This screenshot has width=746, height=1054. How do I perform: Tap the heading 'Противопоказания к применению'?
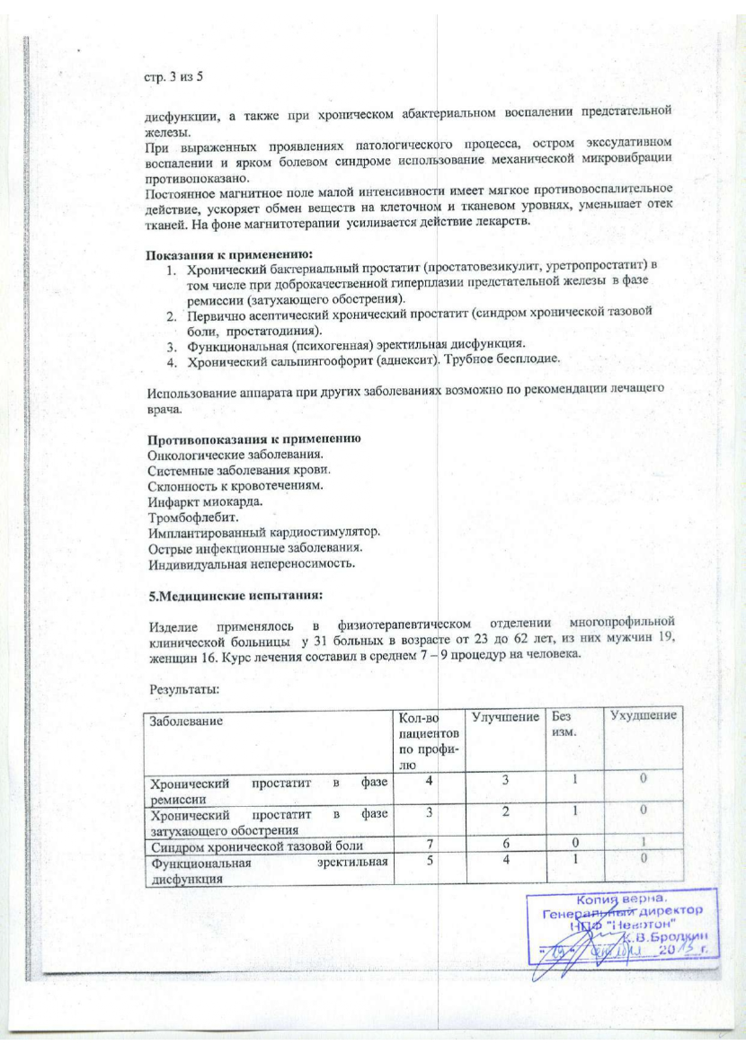click(255, 439)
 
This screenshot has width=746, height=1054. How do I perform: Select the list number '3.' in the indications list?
click(171, 345)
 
